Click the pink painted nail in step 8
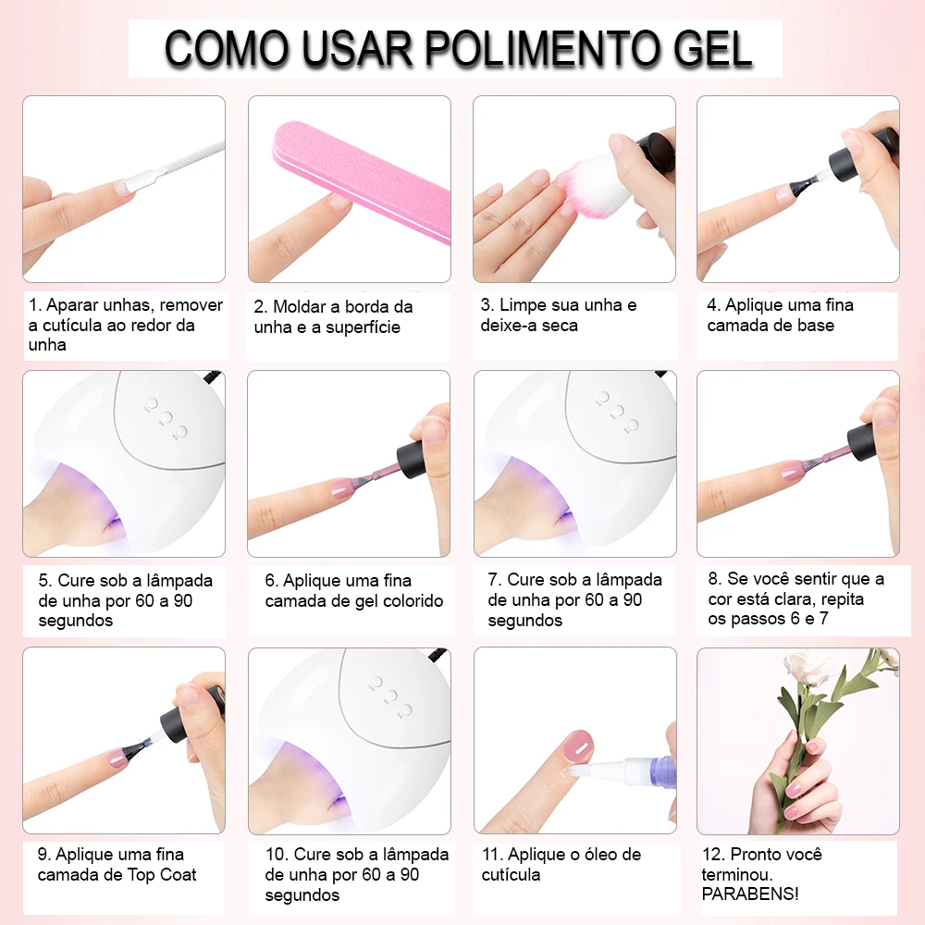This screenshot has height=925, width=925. coord(791,471)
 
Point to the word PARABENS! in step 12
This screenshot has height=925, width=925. coord(750,894)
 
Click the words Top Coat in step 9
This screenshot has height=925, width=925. coord(162,875)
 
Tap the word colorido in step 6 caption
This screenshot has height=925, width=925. coord(413,601)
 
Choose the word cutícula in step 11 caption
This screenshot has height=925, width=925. coord(511,875)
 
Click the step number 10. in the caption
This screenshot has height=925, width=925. coord(276,854)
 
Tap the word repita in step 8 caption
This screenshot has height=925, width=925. coord(842,600)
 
